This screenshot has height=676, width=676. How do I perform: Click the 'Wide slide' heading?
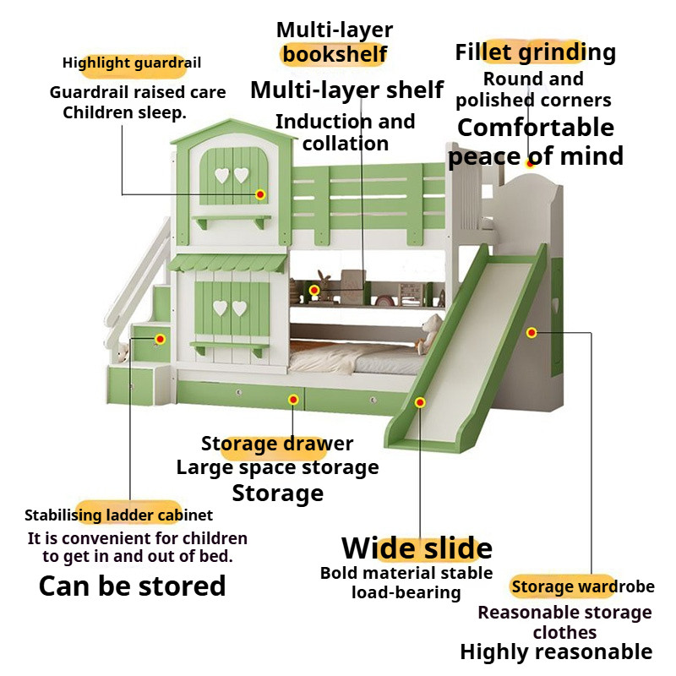(x=417, y=548)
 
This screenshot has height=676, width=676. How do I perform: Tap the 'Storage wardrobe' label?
(x=582, y=586)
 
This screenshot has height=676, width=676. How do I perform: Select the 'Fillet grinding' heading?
(x=535, y=52)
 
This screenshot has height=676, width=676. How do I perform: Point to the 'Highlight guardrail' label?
(x=132, y=63)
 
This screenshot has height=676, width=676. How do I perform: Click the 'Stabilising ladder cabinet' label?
(x=118, y=515)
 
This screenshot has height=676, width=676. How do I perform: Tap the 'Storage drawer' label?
(x=277, y=444)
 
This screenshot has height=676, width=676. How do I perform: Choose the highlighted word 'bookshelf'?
(x=335, y=55)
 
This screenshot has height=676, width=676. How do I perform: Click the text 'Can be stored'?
(x=133, y=586)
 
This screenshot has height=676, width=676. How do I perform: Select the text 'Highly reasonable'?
(x=556, y=651)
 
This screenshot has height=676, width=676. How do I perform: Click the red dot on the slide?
(x=420, y=404)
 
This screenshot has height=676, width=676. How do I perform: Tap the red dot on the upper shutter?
(x=260, y=194)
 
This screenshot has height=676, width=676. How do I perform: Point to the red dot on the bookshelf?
(x=314, y=291)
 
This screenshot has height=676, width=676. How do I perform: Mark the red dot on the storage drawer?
(x=293, y=399)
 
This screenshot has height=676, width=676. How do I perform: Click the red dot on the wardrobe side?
(x=532, y=333)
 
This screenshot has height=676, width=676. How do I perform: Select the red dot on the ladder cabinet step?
(x=159, y=338)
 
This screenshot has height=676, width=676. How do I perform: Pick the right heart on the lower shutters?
(x=240, y=308)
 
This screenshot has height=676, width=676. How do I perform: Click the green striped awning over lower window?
(x=227, y=264)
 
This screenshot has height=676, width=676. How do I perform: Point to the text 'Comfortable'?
(x=536, y=128)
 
